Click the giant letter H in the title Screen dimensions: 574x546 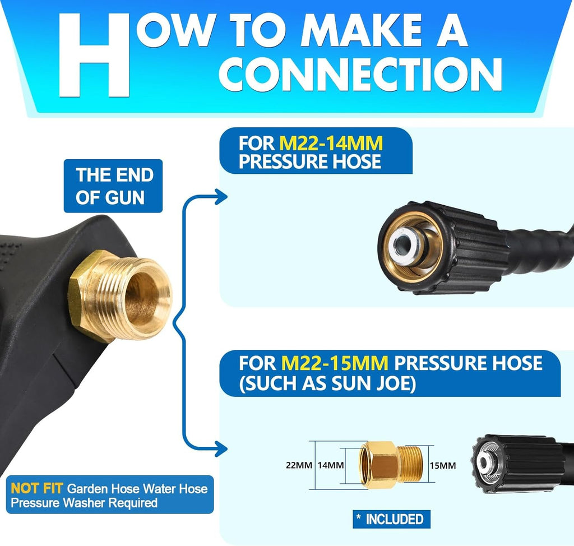pyautogui.click(x=94, y=55)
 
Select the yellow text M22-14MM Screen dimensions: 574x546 pyautogui.click(x=331, y=143)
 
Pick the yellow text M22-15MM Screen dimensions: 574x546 pyautogui.click(x=335, y=363)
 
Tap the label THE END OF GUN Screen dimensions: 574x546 pyautogui.click(x=113, y=186)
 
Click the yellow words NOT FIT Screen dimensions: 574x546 pyautogui.click(x=36, y=488)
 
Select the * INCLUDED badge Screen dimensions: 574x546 pyautogui.click(x=391, y=519)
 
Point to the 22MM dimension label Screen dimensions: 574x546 pyautogui.click(x=299, y=465)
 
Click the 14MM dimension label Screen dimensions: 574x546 pyautogui.click(x=331, y=465)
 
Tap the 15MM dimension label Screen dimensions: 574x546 pyautogui.click(x=443, y=465)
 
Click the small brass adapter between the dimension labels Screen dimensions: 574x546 pyautogui.click(x=391, y=465)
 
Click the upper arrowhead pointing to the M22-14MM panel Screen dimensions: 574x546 pyautogui.click(x=221, y=197)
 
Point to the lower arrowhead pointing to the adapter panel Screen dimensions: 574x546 pyautogui.click(x=221, y=448)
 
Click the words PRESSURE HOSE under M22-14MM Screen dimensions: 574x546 pyautogui.click(x=309, y=161)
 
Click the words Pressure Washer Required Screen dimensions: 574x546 pyautogui.click(x=84, y=503)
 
